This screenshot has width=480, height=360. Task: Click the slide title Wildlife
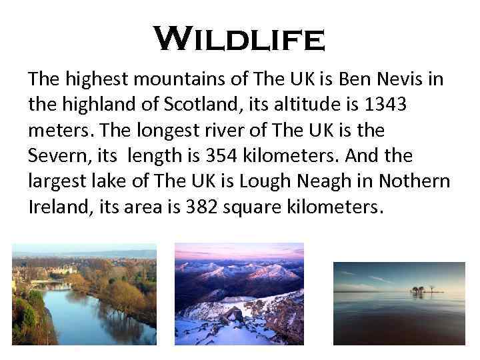coord(239,39)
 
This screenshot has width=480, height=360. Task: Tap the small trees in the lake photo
coord(419,290)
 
